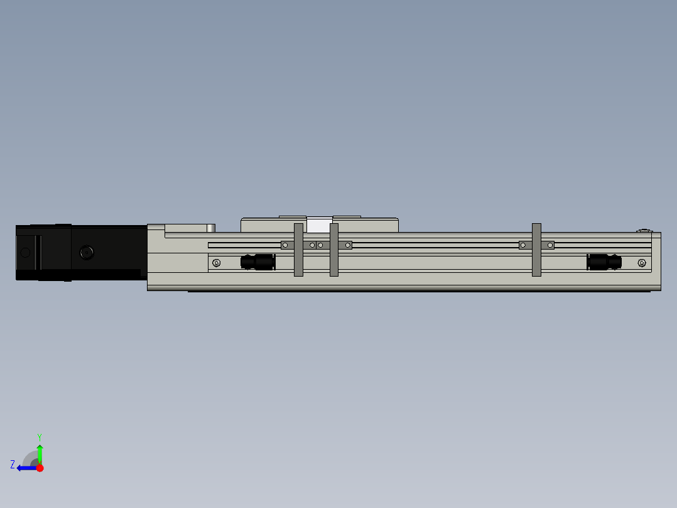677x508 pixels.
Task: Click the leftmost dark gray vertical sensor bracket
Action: pyautogui.click(x=298, y=250)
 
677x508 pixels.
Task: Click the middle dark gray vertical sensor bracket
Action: pyautogui.click(x=334, y=250)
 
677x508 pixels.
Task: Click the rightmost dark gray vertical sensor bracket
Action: pyautogui.click(x=536, y=250)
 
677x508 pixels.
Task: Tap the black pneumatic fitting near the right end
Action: pyautogui.click(x=604, y=262)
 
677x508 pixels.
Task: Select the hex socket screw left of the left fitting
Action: pyautogui.click(x=217, y=263)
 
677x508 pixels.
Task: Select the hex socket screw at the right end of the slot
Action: pyautogui.click(x=641, y=263)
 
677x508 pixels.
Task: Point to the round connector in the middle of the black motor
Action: pyautogui.click(x=87, y=253)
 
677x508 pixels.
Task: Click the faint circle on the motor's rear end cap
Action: pyautogui.click(x=25, y=253)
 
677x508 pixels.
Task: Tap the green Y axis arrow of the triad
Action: pyautogui.click(x=40, y=453)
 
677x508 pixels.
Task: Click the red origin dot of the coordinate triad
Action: pyautogui.click(x=40, y=468)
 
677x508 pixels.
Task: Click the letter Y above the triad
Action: pyautogui.click(x=40, y=436)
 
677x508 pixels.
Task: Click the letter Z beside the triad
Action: pyautogui.click(x=13, y=465)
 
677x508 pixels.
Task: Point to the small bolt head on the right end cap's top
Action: pyautogui.click(x=644, y=231)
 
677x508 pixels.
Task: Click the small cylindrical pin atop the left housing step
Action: pyautogui.click(x=211, y=228)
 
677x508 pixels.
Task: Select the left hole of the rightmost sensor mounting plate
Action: pyautogui.click(x=523, y=245)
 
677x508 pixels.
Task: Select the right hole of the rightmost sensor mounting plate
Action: pyautogui.click(x=550, y=245)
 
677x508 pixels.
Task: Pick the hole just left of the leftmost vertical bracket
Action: pyautogui.click(x=284, y=245)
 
